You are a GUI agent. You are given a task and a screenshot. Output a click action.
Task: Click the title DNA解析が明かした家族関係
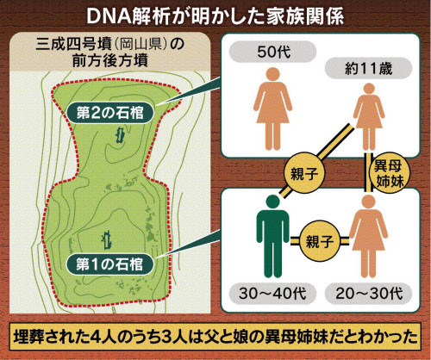(215, 16)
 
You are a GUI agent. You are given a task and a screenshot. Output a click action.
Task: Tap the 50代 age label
(272, 52)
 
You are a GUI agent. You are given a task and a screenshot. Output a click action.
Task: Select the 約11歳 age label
(368, 68)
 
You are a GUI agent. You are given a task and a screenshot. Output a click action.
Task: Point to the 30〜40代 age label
(272, 294)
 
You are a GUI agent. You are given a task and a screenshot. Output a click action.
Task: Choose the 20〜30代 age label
(369, 294)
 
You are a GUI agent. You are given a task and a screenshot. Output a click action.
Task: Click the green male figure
(272, 236)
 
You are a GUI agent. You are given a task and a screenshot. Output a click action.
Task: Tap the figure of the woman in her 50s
(272, 109)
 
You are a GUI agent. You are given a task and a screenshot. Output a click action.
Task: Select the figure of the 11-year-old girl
(369, 117)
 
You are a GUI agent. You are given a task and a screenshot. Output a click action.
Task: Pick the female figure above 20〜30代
(369, 236)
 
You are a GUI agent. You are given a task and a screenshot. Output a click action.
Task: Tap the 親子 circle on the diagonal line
(304, 174)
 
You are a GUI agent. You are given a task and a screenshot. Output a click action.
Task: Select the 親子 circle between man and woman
(319, 241)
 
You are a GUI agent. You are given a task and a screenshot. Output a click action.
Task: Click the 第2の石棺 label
(110, 113)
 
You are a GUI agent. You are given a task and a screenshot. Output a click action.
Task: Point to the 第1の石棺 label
(109, 264)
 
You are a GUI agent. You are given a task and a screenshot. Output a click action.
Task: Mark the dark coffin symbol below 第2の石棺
(120, 135)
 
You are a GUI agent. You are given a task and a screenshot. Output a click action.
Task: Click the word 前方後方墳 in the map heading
(110, 60)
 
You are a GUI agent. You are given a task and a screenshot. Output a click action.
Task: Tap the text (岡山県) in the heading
(140, 45)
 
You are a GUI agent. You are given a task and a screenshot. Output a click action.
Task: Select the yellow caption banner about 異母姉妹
(215, 337)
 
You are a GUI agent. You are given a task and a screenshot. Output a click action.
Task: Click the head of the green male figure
(272, 202)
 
